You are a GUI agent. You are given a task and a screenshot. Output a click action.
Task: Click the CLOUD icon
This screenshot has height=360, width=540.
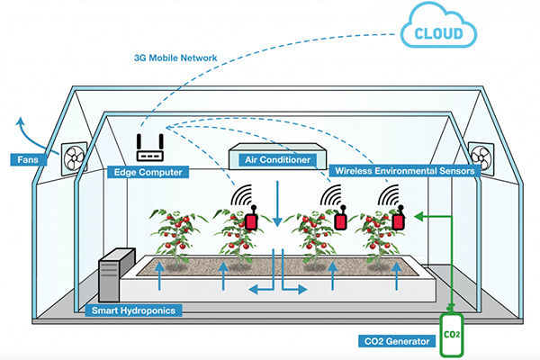click(440, 34)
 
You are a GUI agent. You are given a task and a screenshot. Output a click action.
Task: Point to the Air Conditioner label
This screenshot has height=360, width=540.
click(277, 160)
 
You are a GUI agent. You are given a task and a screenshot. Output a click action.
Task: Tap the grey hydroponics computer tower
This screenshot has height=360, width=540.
click(116, 274)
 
